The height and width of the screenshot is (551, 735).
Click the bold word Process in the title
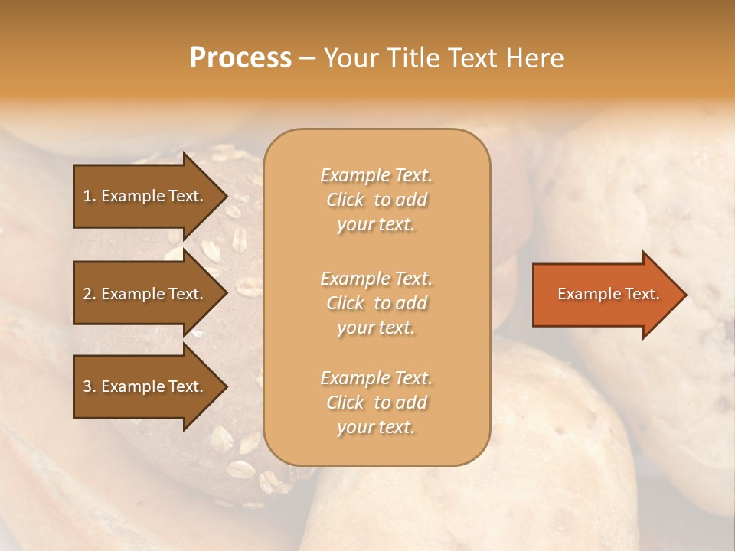pyautogui.click(x=240, y=58)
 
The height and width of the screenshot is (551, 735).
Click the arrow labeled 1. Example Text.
pyautogui.click(x=145, y=196)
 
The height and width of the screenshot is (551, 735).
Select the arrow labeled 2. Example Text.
pyautogui.click(x=145, y=294)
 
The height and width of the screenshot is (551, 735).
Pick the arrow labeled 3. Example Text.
pyautogui.click(x=145, y=386)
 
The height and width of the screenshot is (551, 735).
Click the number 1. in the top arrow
pyautogui.click(x=89, y=196)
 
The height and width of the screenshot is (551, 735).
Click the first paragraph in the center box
pyautogui.click(x=376, y=200)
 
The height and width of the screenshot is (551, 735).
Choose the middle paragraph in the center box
pyautogui.click(x=376, y=303)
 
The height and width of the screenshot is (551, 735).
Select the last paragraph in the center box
pyautogui.click(x=376, y=403)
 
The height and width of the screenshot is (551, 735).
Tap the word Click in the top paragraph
pyautogui.click(x=345, y=200)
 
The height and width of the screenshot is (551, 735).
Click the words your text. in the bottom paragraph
pyautogui.click(x=376, y=427)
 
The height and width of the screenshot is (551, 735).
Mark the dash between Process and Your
pyautogui.click(x=307, y=59)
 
